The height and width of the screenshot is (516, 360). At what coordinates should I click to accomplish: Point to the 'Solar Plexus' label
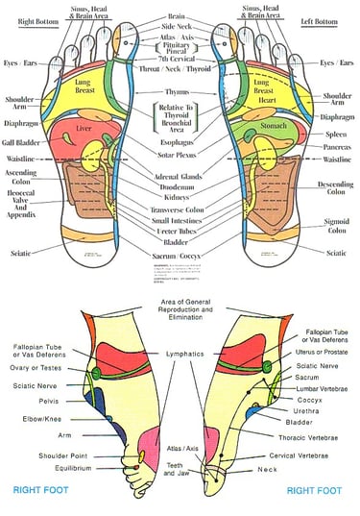coord(180,162)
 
